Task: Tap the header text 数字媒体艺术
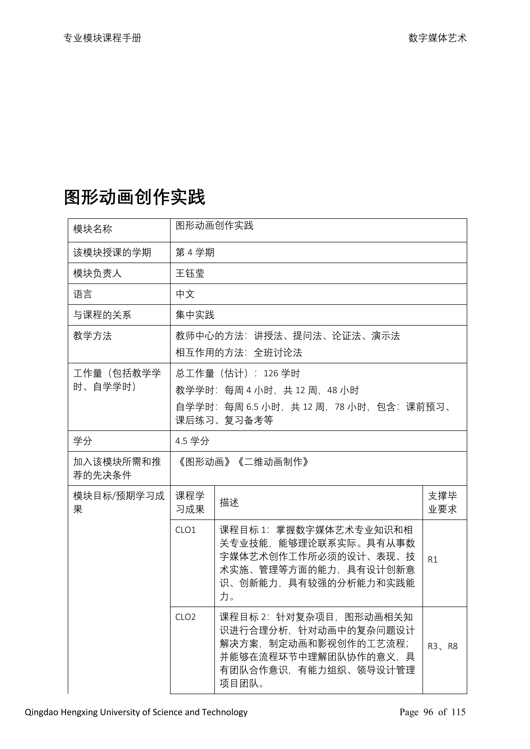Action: (x=437, y=38)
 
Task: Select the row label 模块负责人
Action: (x=97, y=273)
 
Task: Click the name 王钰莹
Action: (x=190, y=273)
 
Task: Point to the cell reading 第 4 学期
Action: (x=195, y=253)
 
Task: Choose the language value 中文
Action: (x=185, y=294)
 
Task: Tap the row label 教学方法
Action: (x=92, y=336)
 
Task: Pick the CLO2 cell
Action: (x=185, y=617)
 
